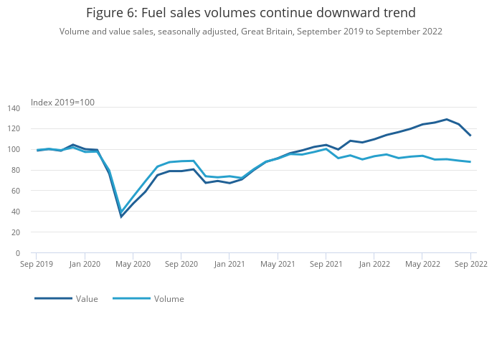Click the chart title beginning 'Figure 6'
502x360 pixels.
250,13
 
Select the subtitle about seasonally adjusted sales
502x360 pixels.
250,32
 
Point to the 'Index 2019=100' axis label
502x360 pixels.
62,103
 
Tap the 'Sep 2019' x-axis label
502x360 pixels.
36,264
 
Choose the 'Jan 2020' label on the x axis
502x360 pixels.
85,264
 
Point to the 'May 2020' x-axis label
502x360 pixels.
133,264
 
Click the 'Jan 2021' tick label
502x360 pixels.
229,264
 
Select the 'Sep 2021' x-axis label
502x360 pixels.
326,264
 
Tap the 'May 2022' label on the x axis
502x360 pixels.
422,264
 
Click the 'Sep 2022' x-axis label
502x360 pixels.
470,264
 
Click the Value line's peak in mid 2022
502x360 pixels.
447,119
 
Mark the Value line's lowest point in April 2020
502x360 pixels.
121,217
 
